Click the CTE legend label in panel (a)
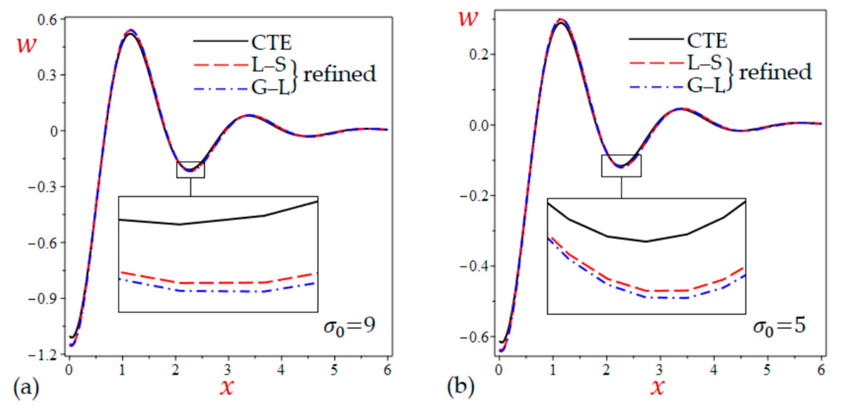pos(271,42)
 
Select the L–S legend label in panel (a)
pos(269,65)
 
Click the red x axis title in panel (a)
pos(227,388)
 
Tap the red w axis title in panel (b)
pos(469,19)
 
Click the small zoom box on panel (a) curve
pos(191,170)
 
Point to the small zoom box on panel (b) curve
pos(621,166)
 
